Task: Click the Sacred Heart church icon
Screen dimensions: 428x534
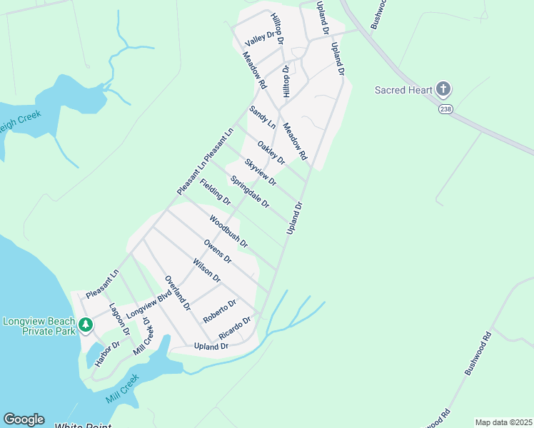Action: pos(443,90)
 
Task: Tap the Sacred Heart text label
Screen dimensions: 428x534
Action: pos(404,90)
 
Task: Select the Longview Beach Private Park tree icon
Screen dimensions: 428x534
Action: pos(86,325)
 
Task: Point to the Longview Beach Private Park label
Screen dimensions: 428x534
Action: pos(39,327)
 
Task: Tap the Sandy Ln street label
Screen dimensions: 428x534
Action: pos(261,117)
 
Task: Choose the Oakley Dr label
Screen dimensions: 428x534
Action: pos(271,152)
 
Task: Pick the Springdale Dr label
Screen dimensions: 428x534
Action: pos(249,193)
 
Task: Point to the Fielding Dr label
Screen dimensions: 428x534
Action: pos(215,192)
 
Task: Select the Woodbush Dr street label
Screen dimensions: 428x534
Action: pos(228,231)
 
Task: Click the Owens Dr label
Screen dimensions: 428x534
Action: pos(217,251)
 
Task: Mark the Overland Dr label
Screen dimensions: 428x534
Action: pos(177,292)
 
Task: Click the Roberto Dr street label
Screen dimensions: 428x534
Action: pos(219,310)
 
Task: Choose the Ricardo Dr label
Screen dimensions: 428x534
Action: pos(235,327)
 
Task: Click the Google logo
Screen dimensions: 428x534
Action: pos(24,419)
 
